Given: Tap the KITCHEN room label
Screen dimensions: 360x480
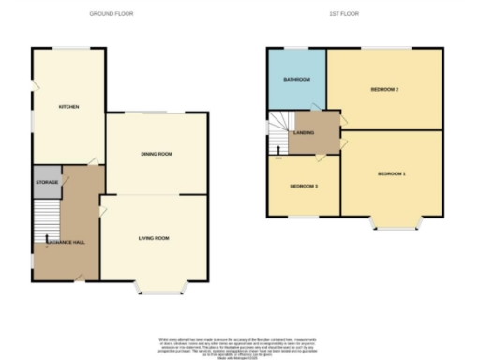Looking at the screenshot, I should point(68,107).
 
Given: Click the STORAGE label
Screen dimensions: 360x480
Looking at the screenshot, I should point(47,181).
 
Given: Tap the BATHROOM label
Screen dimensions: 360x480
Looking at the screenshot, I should point(296,79).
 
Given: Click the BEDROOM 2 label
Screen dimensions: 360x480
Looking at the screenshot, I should point(385,89).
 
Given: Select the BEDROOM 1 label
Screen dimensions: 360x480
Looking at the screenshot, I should point(392,174).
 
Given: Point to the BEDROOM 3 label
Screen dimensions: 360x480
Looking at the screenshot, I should point(304,187).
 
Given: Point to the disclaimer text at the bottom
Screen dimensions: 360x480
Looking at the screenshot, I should point(241,344).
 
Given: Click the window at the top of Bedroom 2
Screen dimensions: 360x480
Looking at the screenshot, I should point(384,48).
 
